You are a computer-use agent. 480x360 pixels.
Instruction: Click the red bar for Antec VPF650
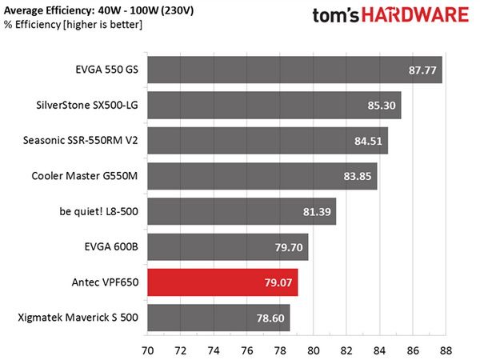click(222, 282)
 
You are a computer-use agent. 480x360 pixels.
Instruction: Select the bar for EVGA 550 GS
click(294, 70)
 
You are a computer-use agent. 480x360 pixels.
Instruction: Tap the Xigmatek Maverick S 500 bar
click(218, 318)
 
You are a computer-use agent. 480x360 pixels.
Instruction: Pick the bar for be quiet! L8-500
click(242, 211)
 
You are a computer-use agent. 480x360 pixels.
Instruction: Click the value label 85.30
click(382, 106)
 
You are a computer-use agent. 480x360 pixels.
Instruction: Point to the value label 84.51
click(368, 141)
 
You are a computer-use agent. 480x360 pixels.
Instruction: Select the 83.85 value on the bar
click(358, 176)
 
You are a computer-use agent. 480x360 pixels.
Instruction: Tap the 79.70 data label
click(289, 247)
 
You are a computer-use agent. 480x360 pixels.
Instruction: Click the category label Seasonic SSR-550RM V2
click(81, 141)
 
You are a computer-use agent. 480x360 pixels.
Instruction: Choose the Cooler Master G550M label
click(85, 176)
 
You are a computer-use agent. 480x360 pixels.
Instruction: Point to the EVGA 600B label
click(111, 246)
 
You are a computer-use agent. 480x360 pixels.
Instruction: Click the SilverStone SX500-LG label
click(87, 106)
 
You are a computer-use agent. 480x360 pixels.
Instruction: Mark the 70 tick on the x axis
click(147, 350)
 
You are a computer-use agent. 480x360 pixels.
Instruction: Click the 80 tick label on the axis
click(313, 350)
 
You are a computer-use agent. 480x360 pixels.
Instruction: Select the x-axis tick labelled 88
click(446, 350)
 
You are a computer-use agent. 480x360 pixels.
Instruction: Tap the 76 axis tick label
click(247, 350)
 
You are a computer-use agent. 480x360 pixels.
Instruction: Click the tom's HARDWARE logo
click(390, 14)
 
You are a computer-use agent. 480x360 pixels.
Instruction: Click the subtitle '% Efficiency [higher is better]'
click(73, 25)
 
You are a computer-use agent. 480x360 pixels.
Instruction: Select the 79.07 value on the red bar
click(278, 282)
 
